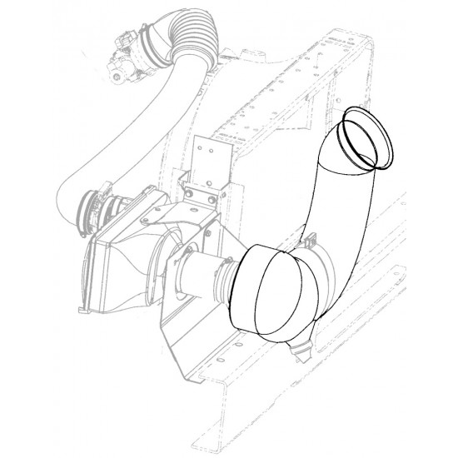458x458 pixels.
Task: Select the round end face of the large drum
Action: tap(266, 296)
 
